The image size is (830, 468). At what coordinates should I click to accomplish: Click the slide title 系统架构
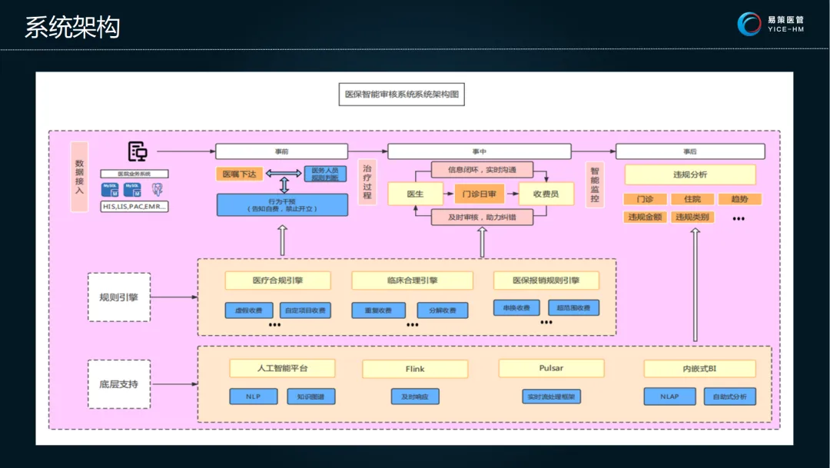point(72,28)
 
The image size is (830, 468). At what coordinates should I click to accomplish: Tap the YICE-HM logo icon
point(749,24)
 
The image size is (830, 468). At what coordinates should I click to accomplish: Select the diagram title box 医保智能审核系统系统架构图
point(402,95)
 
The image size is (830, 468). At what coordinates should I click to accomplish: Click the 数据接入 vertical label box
point(80,176)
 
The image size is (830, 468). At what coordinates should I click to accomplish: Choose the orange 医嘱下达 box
point(241,174)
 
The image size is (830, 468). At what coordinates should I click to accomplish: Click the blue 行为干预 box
point(282,204)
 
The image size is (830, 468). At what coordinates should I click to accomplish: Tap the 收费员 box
point(546,194)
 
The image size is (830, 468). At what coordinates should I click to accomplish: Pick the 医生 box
point(416,194)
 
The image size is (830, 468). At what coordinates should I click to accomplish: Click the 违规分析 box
point(689,174)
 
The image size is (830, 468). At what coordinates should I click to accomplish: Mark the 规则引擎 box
point(119,297)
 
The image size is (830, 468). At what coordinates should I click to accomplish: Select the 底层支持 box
point(119,383)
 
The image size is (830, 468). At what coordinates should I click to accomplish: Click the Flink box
point(415,369)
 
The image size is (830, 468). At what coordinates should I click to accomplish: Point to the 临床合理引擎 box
point(412,280)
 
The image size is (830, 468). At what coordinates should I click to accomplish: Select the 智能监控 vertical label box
point(594,184)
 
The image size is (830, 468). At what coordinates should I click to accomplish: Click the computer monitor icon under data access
point(138,152)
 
